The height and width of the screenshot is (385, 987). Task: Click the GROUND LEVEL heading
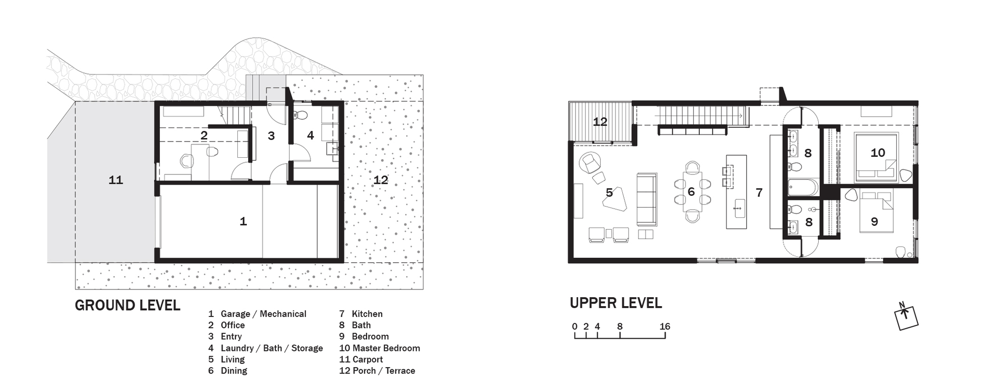tap(127, 306)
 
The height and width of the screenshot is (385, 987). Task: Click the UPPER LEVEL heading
tap(615, 303)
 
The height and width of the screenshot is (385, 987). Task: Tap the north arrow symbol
tap(907, 317)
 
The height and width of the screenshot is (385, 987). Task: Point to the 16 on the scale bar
tap(665, 326)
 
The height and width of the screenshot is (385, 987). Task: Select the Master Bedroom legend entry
tap(380, 348)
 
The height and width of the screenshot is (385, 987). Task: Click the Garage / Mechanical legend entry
tap(257, 314)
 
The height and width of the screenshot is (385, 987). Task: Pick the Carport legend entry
tap(361, 359)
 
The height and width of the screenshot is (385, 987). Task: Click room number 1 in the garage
tap(243, 221)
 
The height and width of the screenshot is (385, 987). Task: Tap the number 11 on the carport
tap(115, 180)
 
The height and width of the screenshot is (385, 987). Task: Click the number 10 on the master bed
tap(877, 153)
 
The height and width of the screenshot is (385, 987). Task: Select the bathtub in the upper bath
tap(803, 187)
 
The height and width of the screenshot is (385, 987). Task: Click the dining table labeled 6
tap(692, 192)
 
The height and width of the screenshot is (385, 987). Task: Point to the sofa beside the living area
tap(646, 199)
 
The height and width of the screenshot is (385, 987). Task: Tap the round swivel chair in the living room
tap(590, 162)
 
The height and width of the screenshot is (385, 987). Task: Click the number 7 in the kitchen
tap(759, 193)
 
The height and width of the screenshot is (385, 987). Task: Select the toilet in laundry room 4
tap(300, 116)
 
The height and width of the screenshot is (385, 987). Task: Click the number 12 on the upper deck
tap(600, 122)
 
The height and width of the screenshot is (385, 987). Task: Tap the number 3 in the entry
tap(271, 136)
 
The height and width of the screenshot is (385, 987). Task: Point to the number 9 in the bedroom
tap(874, 222)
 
